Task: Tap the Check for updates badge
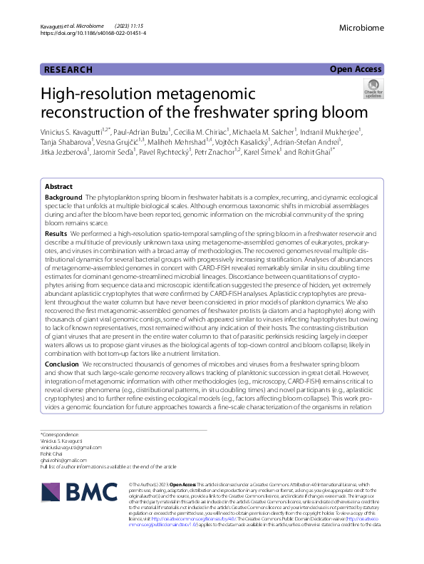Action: coord(393,89)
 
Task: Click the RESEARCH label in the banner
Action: coord(68,69)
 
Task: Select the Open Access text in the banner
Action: coord(356,69)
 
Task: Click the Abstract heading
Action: coord(58,185)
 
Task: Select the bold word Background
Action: coord(63,196)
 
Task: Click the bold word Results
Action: coord(56,233)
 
